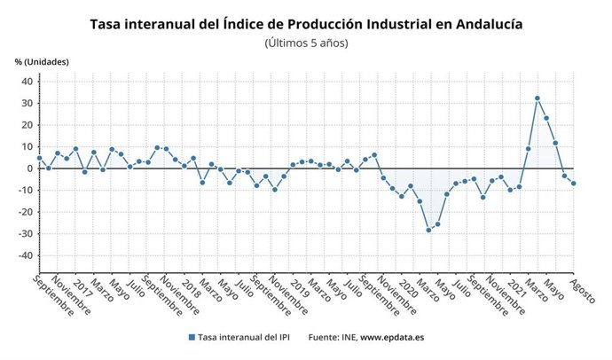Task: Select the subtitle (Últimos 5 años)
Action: [306, 43]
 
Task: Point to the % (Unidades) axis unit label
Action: [42, 62]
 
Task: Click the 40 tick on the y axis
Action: [27, 82]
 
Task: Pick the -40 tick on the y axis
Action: [24, 255]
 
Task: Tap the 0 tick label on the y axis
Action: [29, 168]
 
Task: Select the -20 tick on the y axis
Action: [24, 212]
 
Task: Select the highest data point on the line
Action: [537, 98]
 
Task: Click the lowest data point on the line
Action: [429, 230]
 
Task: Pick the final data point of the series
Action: [574, 184]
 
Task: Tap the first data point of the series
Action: [39, 158]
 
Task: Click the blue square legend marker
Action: [192, 338]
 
